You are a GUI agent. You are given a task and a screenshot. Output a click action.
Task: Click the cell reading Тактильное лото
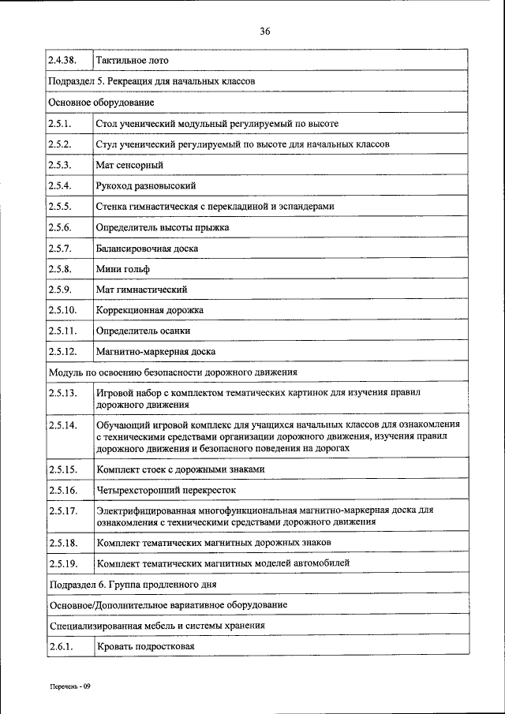pos(132,60)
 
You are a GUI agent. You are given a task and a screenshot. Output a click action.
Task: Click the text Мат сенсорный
pos(129,165)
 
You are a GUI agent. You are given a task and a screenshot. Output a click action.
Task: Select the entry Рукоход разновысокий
pos(146,185)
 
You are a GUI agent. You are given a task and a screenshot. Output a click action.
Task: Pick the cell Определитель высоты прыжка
pos(163,227)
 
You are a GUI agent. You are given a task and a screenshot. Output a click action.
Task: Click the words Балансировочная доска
pos(148,248)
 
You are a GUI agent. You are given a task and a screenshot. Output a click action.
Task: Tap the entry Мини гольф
pos(122,268)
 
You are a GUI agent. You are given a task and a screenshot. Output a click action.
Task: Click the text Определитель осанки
pos(143,331)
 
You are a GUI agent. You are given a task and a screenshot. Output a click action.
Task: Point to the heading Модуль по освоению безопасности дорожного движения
pos(173,372)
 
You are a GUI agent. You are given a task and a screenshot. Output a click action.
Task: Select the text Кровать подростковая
pos(145,647)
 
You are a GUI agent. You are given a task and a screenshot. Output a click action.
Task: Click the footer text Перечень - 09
pos(71,686)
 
